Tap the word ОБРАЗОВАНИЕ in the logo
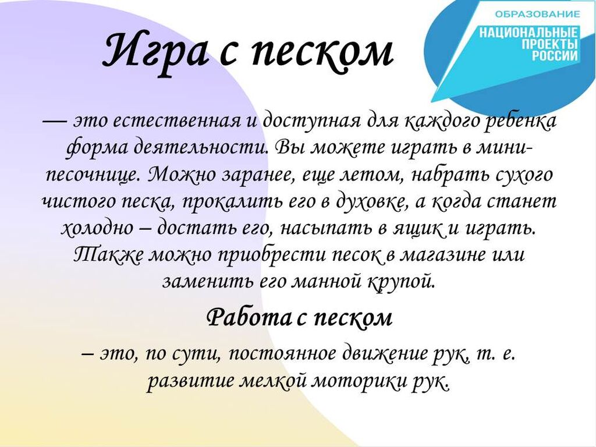[x=537, y=15]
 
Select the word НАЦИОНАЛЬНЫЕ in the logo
[x=528, y=33]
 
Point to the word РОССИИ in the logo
[x=555, y=56]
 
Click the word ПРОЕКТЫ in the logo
[x=549, y=44]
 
